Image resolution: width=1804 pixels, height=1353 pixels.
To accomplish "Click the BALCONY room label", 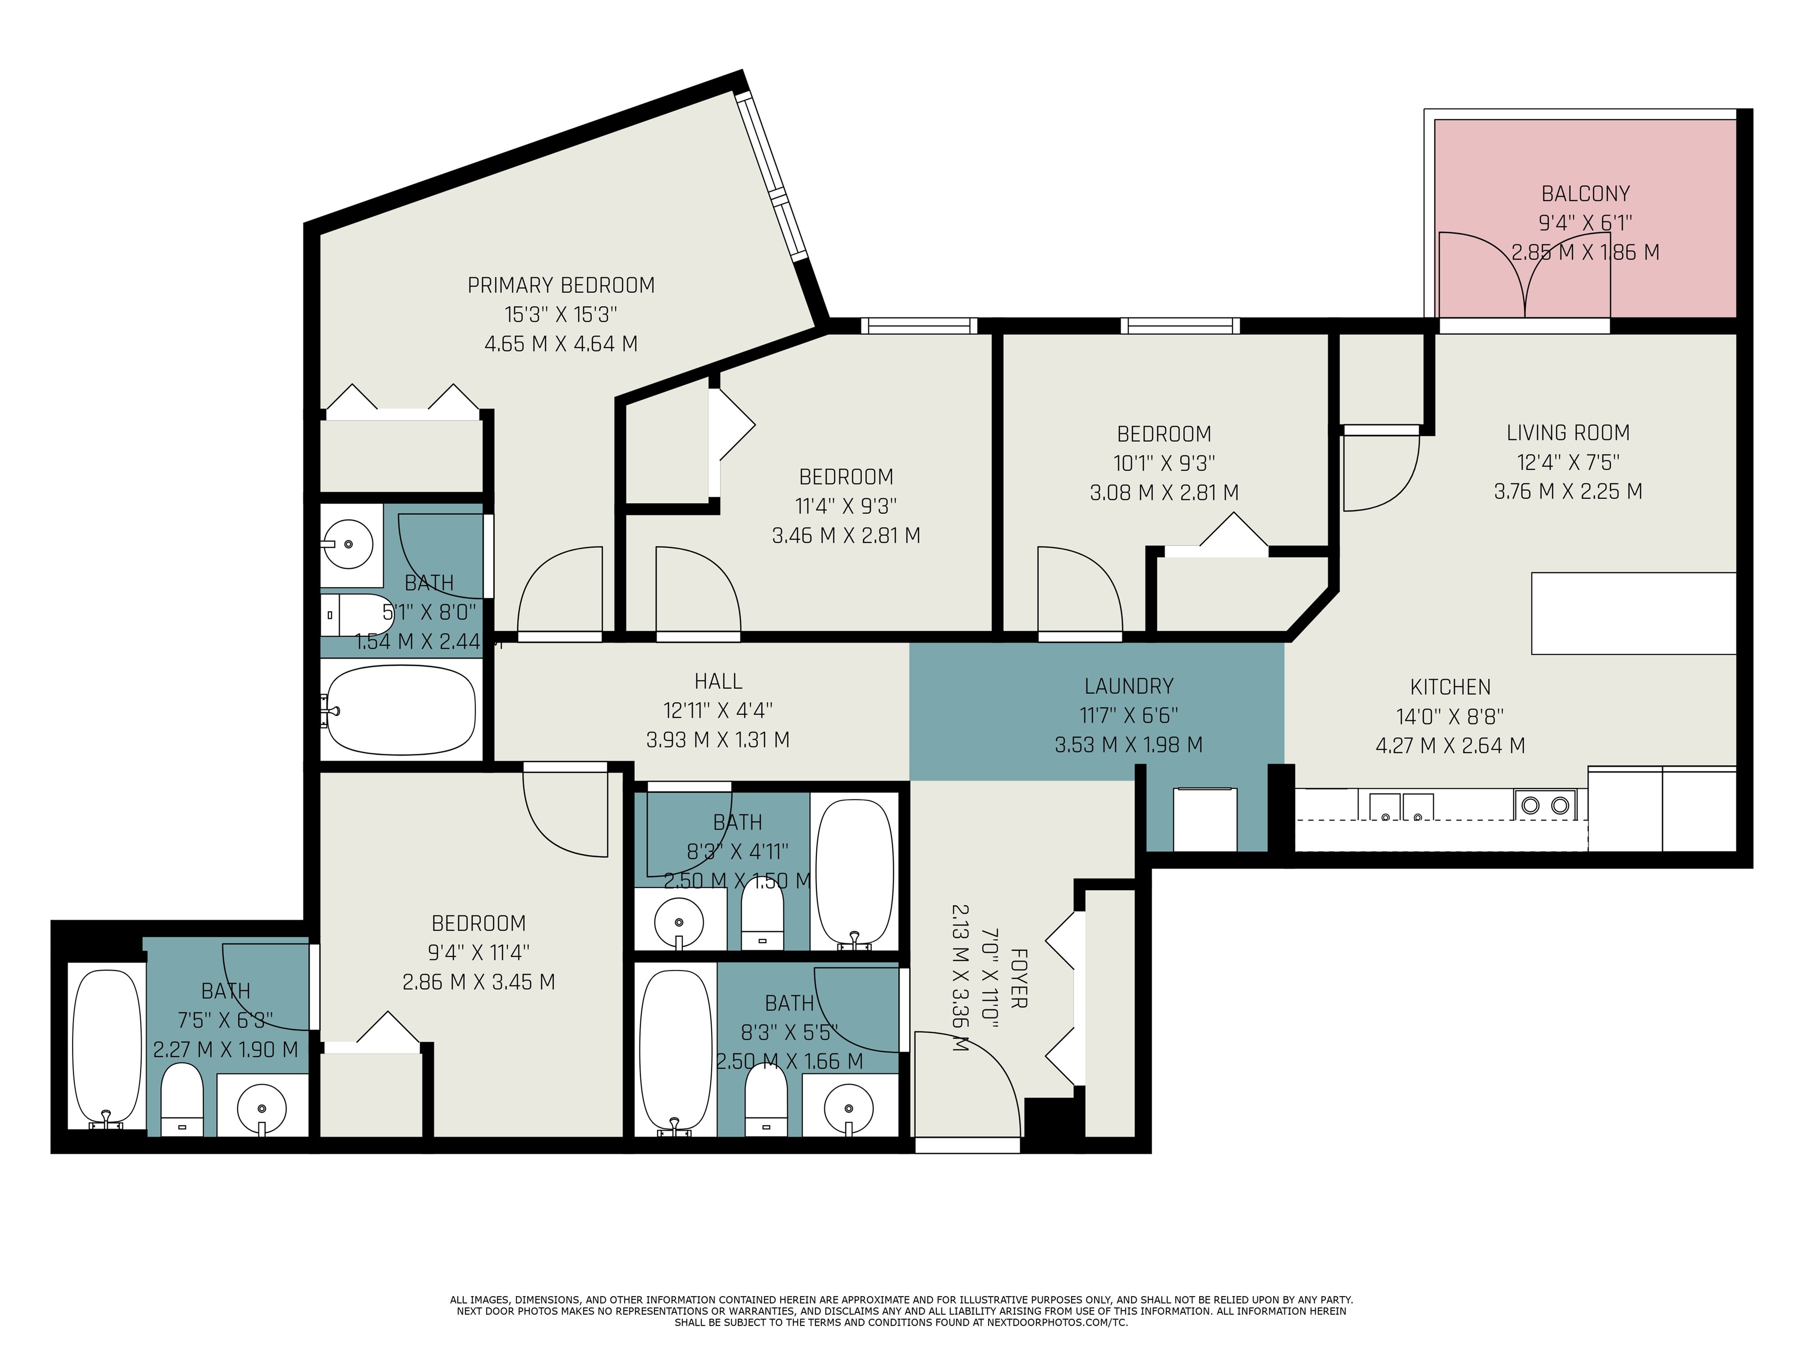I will [x=1585, y=194].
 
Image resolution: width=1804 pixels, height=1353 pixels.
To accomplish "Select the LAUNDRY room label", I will [x=1129, y=687].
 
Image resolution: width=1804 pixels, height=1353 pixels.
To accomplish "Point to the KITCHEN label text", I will [x=1450, y=687].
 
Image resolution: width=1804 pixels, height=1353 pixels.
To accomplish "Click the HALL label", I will [x=718, y=681].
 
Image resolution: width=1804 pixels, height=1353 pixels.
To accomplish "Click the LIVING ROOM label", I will [x=1568, y=433].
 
